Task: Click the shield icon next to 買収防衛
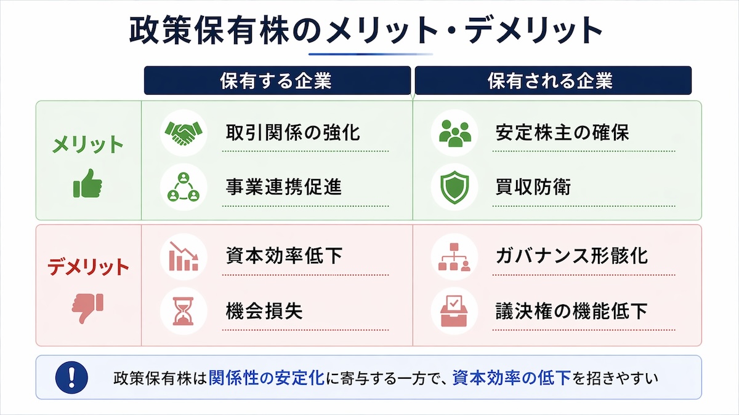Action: [455, 187]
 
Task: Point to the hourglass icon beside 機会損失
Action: [184, 311]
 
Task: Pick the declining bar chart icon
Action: [184, 256]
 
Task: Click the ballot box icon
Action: [455, 311]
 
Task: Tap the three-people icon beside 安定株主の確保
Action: [455, 133]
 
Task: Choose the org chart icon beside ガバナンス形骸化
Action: [455, 256]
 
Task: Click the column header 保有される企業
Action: [551, 81]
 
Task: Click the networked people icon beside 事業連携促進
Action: [184, 187]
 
